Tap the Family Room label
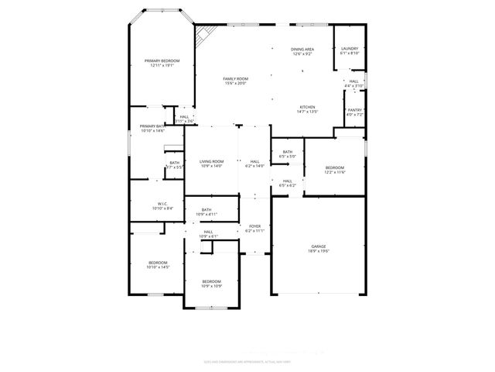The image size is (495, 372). point(235,81)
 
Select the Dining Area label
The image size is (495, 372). point(302,51)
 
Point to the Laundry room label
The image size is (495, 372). point(350,51)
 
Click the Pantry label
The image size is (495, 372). point(354,112)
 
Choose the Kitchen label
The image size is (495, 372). point(307,108)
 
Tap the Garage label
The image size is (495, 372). point(319,248)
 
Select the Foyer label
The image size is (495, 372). point(254,228)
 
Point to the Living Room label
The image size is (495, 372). point(211,164)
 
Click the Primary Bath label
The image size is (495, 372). point(152,128)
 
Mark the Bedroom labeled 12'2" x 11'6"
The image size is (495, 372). point(334,170)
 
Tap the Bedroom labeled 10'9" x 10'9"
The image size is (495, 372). point(211,283)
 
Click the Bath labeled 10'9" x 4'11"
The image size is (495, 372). point(207,212)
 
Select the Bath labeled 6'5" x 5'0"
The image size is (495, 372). point(287,154)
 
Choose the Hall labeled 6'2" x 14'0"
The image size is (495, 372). point(254,164)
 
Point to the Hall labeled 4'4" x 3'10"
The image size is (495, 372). point(353,83)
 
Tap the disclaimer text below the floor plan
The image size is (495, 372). point(247,360)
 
